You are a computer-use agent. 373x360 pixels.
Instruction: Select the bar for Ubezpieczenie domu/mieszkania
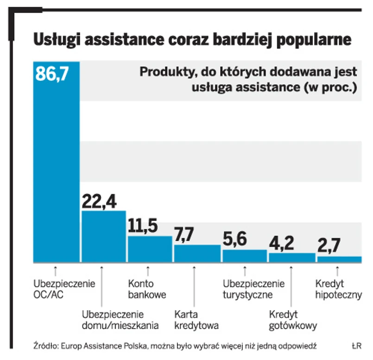[x=103, y=237]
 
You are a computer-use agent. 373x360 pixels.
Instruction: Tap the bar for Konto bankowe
[x=150, y=249]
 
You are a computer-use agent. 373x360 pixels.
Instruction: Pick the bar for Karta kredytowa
[x=197, y=253]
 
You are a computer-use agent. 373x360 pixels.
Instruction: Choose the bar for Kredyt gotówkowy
[x=291, y=258]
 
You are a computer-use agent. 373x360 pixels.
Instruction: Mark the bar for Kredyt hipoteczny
[x=339, y=259]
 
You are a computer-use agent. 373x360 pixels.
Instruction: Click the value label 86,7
[x=52, y=74]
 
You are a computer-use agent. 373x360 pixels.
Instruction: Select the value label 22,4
[x=99, y=201]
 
